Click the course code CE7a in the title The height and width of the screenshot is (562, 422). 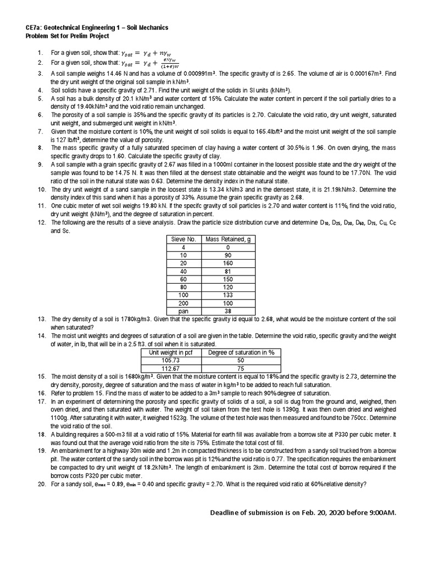click(x=33, y=27)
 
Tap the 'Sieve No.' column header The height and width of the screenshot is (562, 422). click(x=184, y=240)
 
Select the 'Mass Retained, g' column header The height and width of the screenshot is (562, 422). click(x=227, y=240)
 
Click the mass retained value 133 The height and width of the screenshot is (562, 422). click(x=227, y=294)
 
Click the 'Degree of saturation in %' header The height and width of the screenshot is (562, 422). click(x=241, y=352)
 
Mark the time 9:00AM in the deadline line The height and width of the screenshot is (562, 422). click(x=380, y=513)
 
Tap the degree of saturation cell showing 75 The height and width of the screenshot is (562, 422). click(x=241, y=368)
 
